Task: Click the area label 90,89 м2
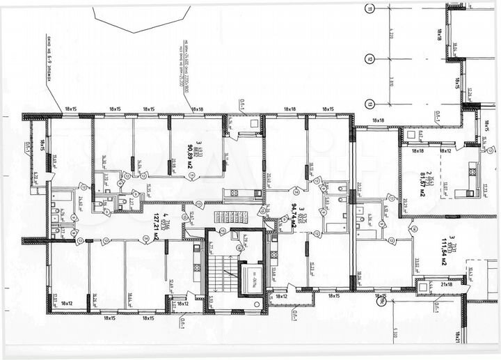[x=190, y=147]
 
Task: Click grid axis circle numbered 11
[x=370, y=9]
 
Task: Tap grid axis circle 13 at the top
[x=370, y=104]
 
